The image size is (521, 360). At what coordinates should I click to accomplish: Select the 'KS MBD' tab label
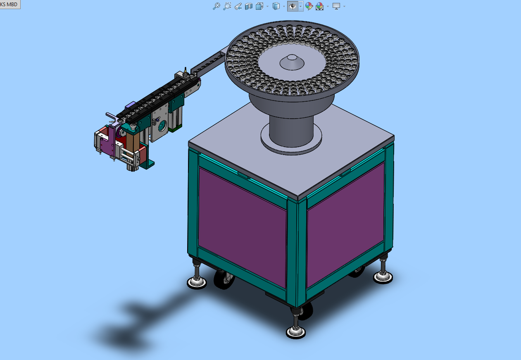click(x=9, y=5)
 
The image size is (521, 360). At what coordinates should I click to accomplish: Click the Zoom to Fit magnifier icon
click(x=216, y=6)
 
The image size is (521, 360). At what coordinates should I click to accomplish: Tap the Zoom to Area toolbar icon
click(x=227, y=6)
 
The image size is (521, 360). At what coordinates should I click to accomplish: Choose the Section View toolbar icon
click(x=249, y=6)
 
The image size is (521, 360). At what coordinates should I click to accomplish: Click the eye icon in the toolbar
click(x=293, y=6)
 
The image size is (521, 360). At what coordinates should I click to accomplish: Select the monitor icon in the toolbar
click(x=336, y=6)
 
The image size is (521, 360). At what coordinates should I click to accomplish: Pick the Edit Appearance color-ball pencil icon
click(x=309, y=6)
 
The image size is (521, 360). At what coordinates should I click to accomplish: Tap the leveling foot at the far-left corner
click(x=197, y=279)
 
